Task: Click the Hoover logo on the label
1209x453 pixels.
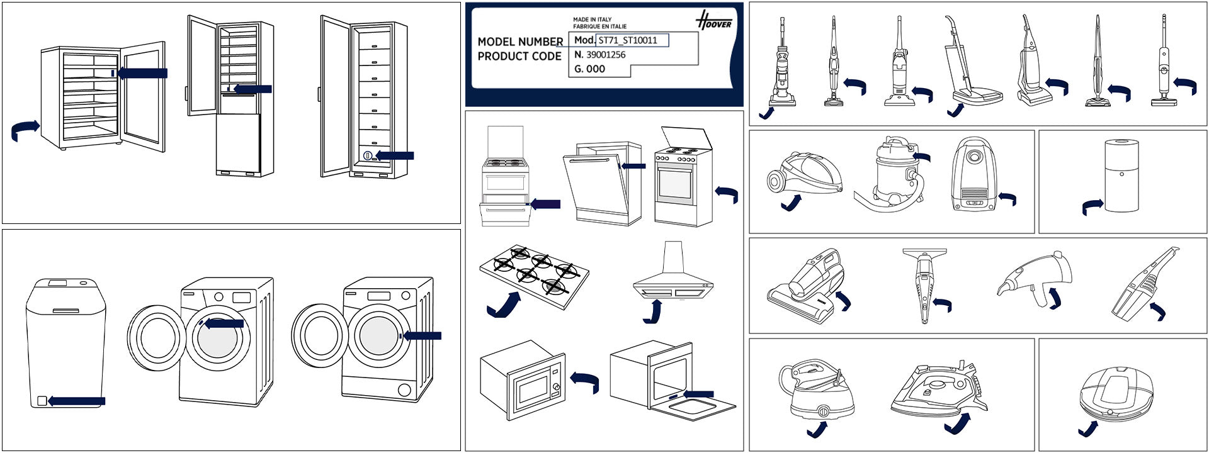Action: pyautogui.click(x=714, y=21)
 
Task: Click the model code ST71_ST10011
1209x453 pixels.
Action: pyautogui.click(x=628, y=40)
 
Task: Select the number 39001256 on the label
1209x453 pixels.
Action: pyautogui.click(x=606, y=55)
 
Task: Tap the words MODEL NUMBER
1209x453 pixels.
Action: pyautogui.click(x=520, y=42)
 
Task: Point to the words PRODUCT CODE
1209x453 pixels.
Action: pyautogui.click(x=519, y=56)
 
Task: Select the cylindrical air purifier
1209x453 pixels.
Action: pyautogui.click(x=1121, y=176)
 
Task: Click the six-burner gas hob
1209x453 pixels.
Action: pyautogui.click(x=535, y=274)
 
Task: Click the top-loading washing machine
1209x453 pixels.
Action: pyautogui.click(x=65, y=344)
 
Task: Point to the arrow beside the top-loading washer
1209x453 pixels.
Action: pyautogui.click(x=77, y=401)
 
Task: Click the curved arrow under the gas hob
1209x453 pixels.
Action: pyautogui.click(x=503, y=305)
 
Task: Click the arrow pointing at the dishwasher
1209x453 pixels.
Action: pyautogui.click(x=633, y=166)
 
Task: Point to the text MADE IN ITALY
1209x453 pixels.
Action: pyautogui.click(x=592, y=20)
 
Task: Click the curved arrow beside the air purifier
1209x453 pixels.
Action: pyautogui.click(x=1093, y=206)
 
